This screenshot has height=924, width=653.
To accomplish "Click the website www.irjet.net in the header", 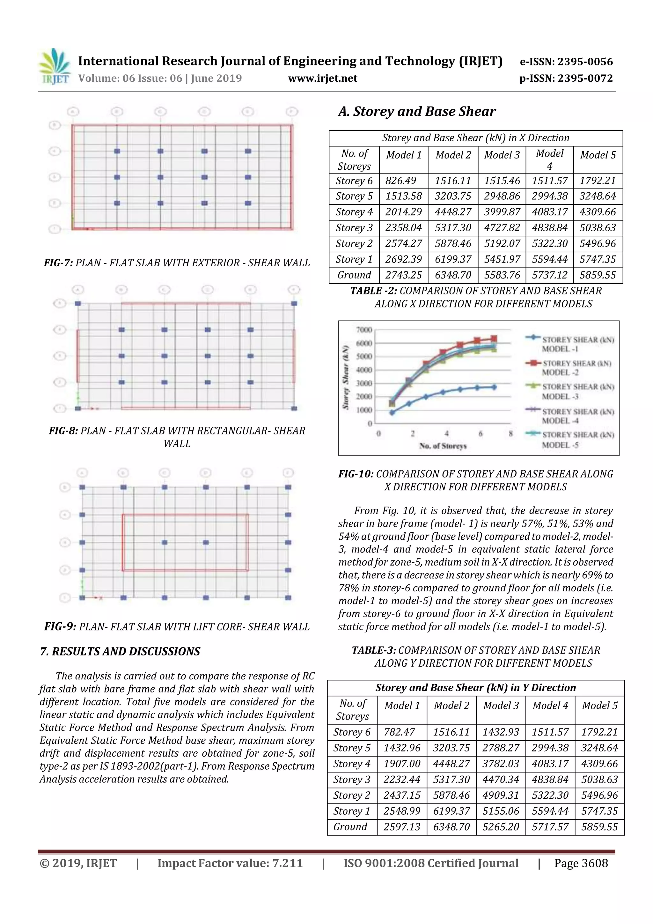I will (x=323, y=78).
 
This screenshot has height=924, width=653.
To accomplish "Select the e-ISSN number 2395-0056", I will (x=567, y=62).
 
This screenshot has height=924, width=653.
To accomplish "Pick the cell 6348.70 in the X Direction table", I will (x=453, y=275).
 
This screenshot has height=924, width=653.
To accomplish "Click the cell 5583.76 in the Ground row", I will (x=502, y=275).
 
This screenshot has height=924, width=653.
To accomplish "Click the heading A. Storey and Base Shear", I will (x=417, y=112).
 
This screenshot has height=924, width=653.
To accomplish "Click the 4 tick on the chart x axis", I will (x=447, y=433).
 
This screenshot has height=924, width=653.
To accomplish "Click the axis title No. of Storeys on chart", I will (x=443, y=446).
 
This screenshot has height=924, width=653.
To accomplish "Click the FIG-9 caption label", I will (x=60, y=627).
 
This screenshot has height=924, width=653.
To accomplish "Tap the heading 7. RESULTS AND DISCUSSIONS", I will (x=120, y=652).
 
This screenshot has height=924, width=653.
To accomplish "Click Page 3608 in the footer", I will (x=581, y=863).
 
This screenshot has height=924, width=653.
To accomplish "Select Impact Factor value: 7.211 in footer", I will (x=230, y=863).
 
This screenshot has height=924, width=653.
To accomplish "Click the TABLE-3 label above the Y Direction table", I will (x=374, y=650).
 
